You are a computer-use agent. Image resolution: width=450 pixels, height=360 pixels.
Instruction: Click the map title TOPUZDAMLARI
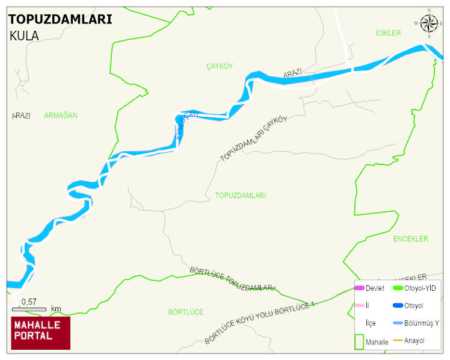60,19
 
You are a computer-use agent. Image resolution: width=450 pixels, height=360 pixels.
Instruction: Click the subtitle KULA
24,36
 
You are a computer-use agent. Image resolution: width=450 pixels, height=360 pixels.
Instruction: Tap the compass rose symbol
428,23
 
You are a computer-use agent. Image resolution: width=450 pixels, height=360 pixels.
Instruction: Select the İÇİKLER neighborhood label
387,33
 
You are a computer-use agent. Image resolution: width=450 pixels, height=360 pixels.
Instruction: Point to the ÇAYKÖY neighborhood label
219,66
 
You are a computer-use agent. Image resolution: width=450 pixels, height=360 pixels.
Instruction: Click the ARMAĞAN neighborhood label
61,115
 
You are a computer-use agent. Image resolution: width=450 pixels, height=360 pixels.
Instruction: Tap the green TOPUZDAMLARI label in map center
240,196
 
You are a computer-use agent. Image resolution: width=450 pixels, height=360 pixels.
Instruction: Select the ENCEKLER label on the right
410,239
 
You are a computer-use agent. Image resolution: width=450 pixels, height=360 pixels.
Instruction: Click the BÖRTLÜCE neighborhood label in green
185,312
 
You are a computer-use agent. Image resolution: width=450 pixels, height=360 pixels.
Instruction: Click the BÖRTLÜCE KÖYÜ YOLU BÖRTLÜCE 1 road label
259,323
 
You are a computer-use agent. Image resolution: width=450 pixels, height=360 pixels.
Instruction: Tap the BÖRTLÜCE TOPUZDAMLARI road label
232,279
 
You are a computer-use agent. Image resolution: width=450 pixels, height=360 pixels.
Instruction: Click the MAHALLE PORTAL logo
40,333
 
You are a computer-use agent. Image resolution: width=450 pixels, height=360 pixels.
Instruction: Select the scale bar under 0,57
29,309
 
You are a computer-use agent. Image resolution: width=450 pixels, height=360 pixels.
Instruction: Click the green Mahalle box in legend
359,341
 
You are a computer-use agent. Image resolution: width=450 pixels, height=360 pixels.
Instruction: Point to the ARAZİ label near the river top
292,73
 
